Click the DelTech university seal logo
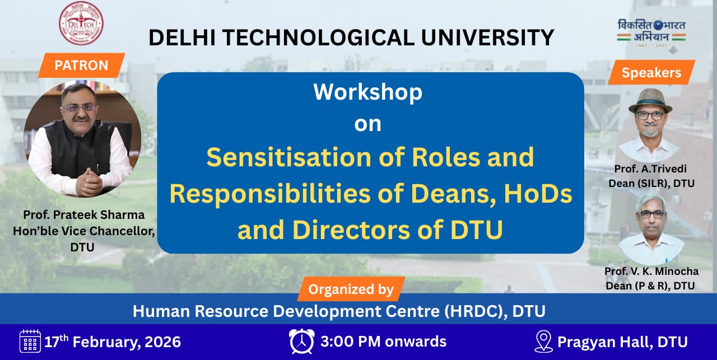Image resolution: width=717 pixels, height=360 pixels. (x=81, y=23)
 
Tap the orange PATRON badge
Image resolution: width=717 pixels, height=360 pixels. (x=81, y=66)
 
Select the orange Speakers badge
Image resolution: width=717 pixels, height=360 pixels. (x=651, y=73)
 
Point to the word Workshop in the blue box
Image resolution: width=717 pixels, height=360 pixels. (x=368, y=92)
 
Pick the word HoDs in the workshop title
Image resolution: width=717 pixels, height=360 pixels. (x=538, y=194)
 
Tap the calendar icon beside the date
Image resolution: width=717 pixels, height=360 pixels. (x=30, y=341)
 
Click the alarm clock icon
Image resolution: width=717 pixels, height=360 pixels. (x=301, y=342)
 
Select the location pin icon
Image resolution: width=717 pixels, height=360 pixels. (x=543, y=342)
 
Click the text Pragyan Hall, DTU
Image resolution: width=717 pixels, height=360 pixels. (x=622, y=342)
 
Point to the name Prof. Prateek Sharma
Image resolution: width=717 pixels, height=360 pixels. (x=84, y=215)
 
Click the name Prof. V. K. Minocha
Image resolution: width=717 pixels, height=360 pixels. (x=651, y=271)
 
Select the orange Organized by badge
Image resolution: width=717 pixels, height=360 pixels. (x=351, y=289)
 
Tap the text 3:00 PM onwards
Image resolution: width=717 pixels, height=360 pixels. (x=384, y=342)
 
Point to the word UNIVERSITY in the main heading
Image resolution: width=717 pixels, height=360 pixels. (x=487, y=38)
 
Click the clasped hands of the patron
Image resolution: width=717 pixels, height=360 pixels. (x=90, y=183)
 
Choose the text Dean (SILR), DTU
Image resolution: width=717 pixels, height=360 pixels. (x=651, y=184)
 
